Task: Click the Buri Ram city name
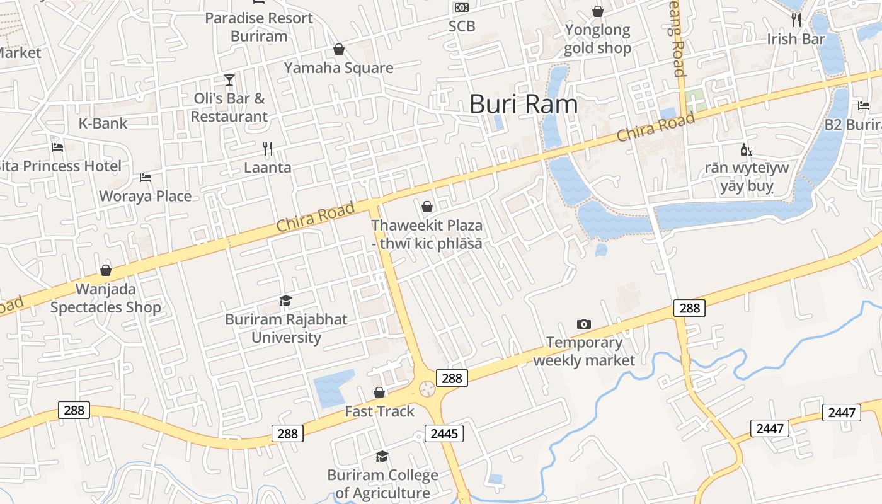524,104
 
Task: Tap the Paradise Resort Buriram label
259,27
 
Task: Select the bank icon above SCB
462,8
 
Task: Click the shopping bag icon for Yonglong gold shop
597,11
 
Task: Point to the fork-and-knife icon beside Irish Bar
796,20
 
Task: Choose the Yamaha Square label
338,68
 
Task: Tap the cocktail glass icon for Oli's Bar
229,80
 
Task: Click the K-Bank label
103,123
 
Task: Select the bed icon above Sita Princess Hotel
57,147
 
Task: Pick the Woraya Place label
145,196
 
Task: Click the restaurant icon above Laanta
268,149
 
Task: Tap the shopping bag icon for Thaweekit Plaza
427,207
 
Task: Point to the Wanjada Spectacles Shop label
106,299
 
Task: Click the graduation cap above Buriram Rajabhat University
286,301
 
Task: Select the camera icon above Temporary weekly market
584,324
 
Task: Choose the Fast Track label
379,411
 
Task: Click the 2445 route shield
445,433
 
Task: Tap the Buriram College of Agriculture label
382,484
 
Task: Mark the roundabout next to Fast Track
427,389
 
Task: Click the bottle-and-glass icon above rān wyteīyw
746,150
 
